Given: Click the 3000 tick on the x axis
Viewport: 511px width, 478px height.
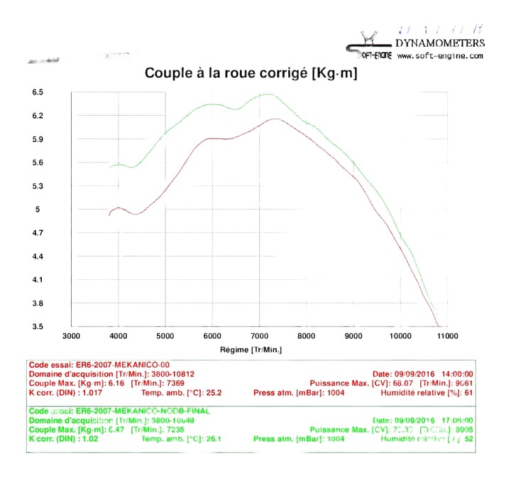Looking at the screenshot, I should click(72, 336).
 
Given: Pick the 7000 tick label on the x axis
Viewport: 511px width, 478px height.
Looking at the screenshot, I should click(259, 336).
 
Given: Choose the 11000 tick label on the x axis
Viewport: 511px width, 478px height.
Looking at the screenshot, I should click(447, 336).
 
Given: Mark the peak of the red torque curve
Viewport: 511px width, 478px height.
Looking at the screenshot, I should click(273, 119).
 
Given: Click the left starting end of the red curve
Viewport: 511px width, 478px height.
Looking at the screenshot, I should click(109, 214).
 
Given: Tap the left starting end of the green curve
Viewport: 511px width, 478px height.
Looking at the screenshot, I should click(109, 167).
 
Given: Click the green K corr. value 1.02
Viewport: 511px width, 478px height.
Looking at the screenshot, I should click(79, 438).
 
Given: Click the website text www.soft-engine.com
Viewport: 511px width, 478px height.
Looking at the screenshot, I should click(440, 55).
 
